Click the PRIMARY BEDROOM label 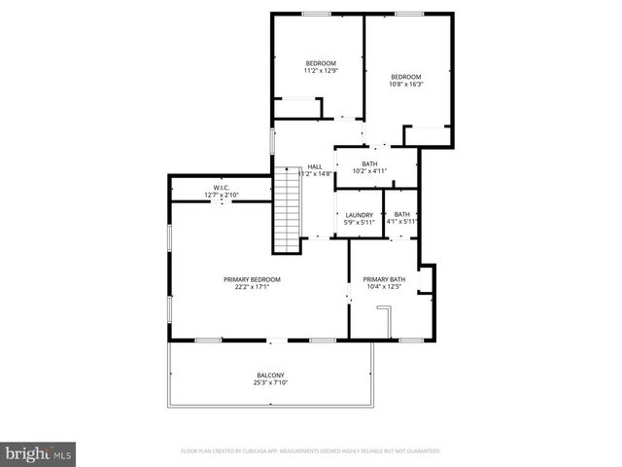(x=252, y=279)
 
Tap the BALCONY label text (x=270, y=376)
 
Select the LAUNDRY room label (x=359, y=215)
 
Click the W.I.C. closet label (x=222, y=188)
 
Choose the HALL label (x=315, y=166)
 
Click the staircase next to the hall (x=287, y=209)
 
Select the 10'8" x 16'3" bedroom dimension (x=405, y=85)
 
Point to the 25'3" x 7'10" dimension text (x=270, y=383)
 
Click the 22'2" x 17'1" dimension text (x=252, y=287)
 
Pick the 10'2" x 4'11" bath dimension (x=369, y=171)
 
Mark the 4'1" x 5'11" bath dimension (x=401, y=222)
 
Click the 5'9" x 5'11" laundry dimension (x=359, y=222)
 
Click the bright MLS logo (x=39, y=453)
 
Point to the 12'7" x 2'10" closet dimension (x=222, y=196)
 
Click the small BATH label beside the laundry (x=401, y=214)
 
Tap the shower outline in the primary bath (x=384, y=321)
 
